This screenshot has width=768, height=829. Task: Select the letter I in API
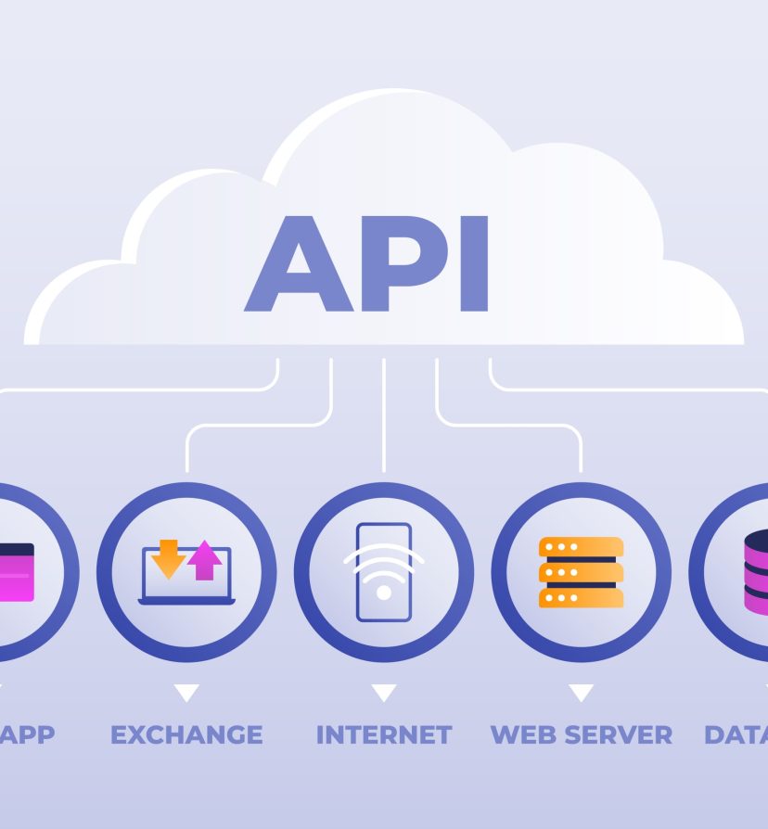[474, 264]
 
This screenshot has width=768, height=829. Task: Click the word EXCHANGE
[186, 735]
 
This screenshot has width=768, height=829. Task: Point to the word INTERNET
[384, 735]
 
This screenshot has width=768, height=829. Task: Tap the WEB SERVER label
[582, 735]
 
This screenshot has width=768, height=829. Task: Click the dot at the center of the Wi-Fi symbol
[384, 592]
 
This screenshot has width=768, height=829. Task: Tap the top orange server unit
[582, 547]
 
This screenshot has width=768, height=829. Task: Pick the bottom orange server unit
[582, 597]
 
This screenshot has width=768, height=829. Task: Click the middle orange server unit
[582, 572]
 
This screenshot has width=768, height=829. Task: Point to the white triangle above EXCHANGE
[186, 693]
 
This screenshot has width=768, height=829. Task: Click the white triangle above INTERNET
[384, 693]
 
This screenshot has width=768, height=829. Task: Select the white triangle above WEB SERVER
[582, 693]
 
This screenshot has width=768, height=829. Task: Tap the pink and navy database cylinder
[756, 571]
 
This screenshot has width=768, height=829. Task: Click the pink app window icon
[16, 572]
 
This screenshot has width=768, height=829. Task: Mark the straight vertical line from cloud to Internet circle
[384, 417]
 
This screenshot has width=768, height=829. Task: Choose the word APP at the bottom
[27, 735]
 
